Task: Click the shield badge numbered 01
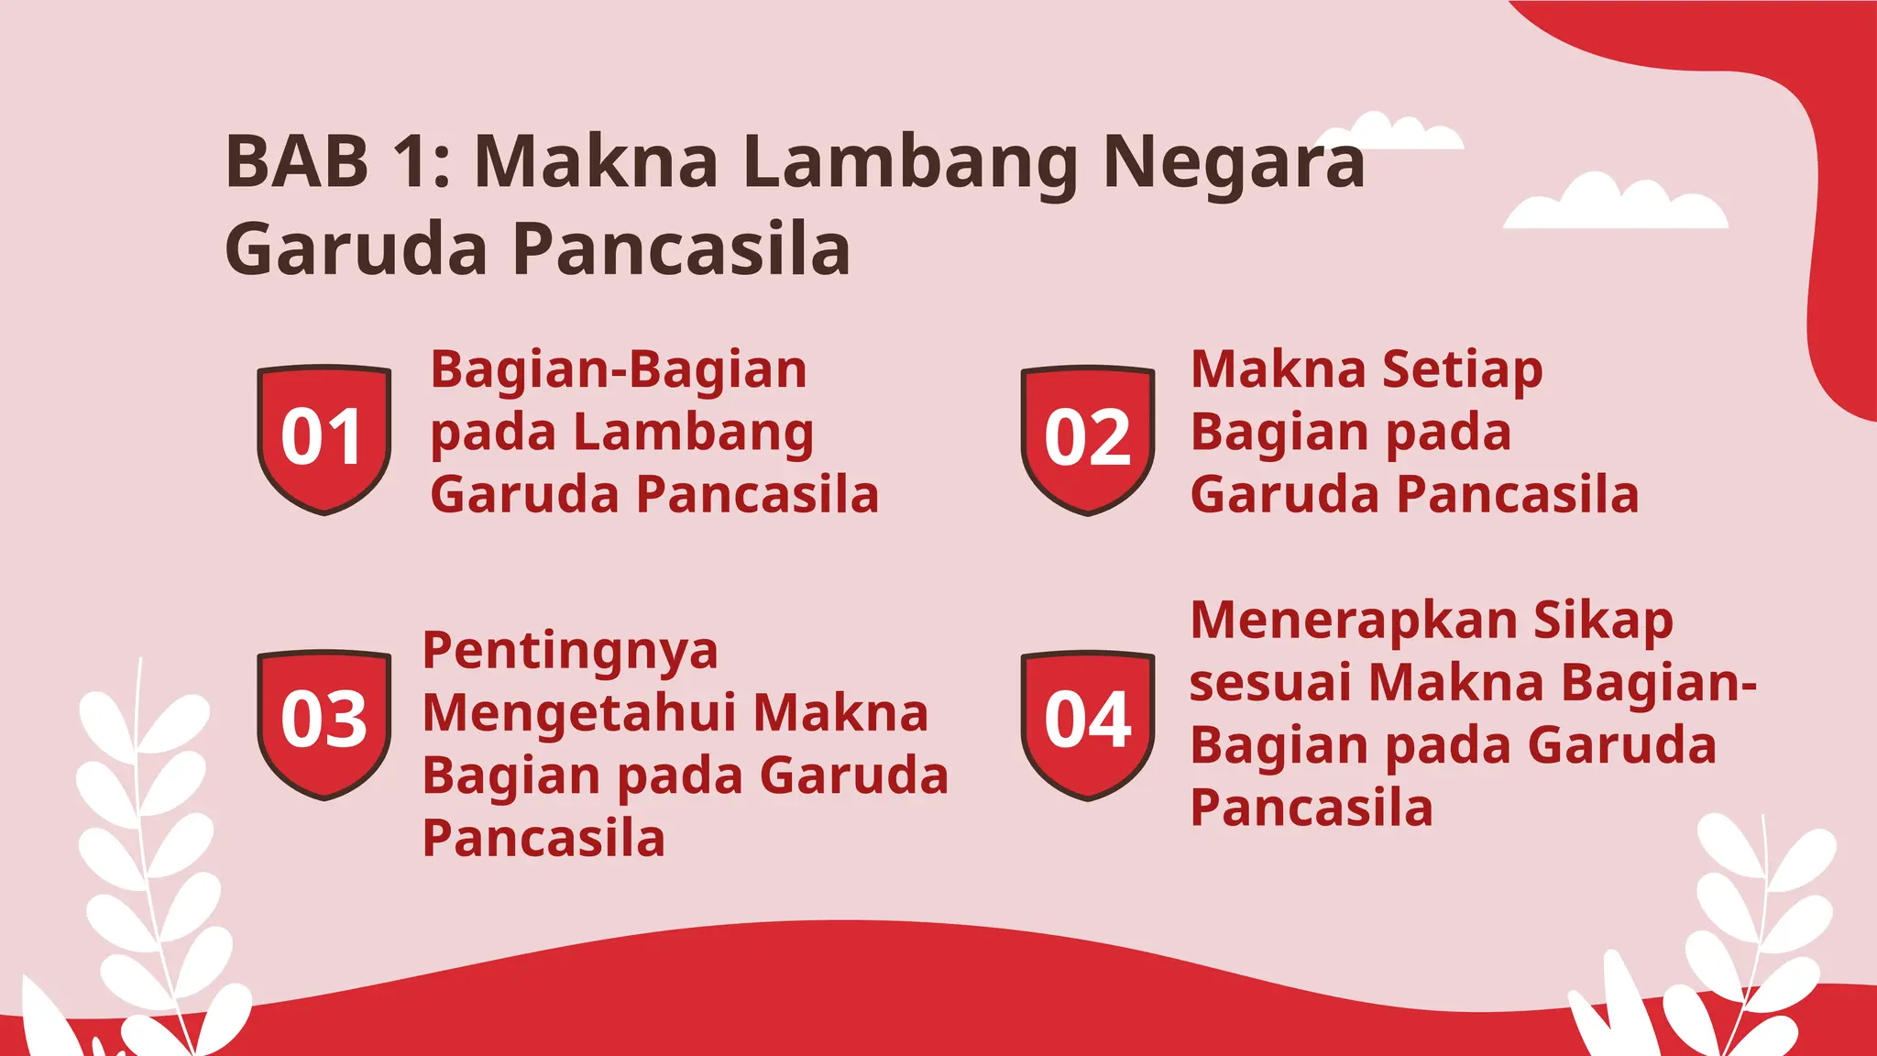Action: click(x=324, y=438)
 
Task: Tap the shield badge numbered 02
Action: click(x=1087, y=439)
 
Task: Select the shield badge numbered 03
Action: click(x=324, y=722)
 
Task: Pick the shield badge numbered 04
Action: click(x=1087, y=723)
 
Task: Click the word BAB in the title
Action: click(x=297, y=161)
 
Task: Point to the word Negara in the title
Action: click(x=1234, y=161)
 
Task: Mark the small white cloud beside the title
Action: click(x=1402, y=133)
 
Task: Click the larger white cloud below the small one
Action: click(x=1615, y=203)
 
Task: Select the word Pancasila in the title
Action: click(x=680, y=249)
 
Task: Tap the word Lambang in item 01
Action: click(x=693, y=433)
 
